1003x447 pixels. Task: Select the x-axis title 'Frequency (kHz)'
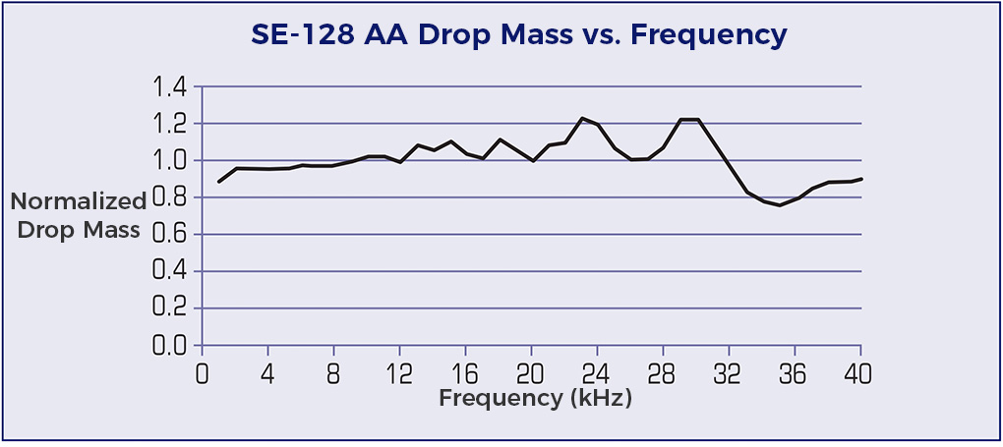pos(535,398)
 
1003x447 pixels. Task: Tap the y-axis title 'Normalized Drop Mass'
pos(78,216)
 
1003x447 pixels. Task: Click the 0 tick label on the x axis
pos(203,373)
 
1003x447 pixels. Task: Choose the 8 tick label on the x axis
pos(334,373)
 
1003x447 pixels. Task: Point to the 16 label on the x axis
pos(465,373)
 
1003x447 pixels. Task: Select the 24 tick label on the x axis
pos(597,373)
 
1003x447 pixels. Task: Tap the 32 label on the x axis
pos(729,373)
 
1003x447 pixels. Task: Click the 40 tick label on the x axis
pos(860,373)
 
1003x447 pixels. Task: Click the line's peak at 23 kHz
pos(581,118)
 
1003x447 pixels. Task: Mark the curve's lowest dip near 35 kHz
pos(779,205)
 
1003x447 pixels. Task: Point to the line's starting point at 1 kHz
pos(219,182)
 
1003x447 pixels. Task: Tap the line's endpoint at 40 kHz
pos(861,179)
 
